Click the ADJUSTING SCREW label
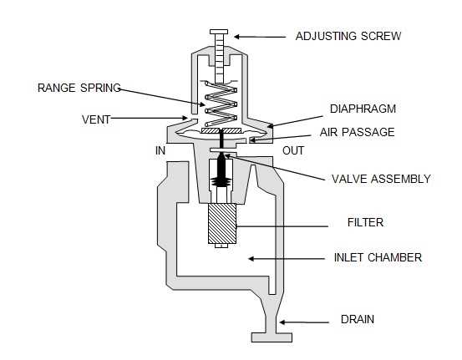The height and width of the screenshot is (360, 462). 348,36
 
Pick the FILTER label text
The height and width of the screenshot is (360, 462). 364,223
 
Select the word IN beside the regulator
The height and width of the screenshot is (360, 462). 160,150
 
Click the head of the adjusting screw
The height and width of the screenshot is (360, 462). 219,32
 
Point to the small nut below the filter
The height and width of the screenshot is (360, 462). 220,246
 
